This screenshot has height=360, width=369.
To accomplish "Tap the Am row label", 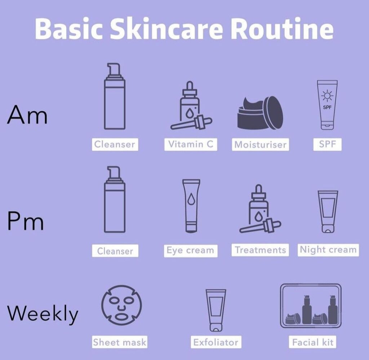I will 27,115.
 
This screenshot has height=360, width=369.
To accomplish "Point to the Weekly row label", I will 43,314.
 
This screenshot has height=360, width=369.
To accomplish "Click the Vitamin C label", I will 191,144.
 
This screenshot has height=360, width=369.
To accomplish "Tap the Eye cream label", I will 190,251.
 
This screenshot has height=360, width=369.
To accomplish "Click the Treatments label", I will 260,250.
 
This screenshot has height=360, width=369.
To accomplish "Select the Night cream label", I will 328,250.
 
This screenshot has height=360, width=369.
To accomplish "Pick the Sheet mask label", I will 120,342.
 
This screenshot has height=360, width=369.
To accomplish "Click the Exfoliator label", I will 215,342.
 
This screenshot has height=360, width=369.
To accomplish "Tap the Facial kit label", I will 313,342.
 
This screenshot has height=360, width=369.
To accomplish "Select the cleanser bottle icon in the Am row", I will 115,104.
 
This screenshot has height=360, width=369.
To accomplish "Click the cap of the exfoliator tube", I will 215,328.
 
